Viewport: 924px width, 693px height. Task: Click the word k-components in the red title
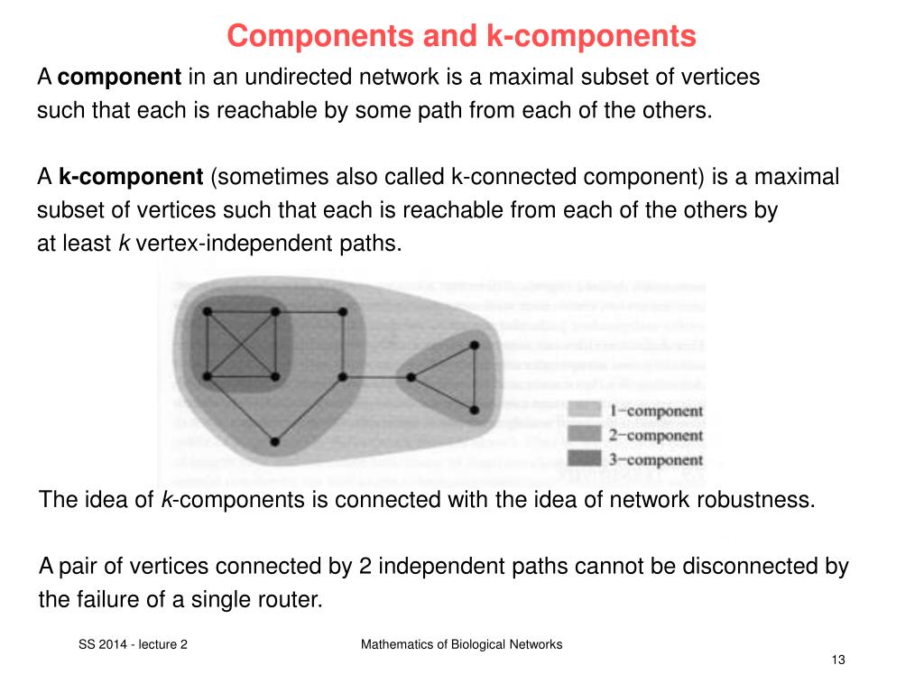[592, 36]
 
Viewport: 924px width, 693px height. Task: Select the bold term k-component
[131, 177]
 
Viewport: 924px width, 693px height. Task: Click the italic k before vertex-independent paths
[124, 244]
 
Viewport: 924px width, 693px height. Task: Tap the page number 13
[837, 661]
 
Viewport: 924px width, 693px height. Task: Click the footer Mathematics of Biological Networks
[461, 644]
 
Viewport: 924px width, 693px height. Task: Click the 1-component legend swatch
[585, 411]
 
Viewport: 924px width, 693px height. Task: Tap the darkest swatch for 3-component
[585, 459]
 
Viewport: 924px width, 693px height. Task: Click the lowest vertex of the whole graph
[274, 441]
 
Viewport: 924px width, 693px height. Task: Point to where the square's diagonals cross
[241, 343]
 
